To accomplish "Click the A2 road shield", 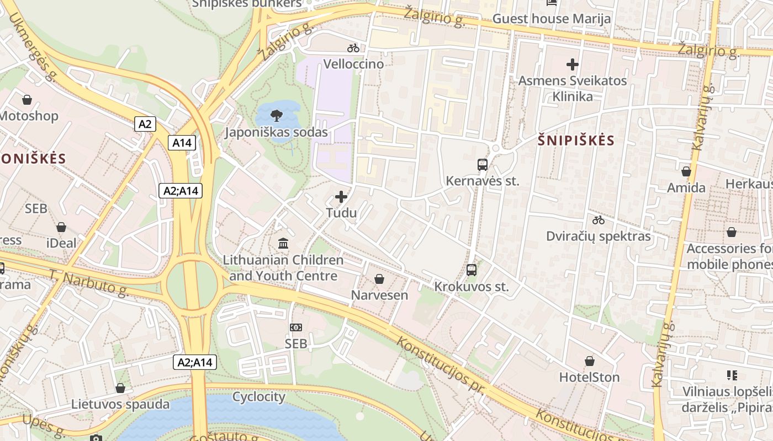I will (x=145, y=124).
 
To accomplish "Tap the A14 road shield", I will (x=182, y=143).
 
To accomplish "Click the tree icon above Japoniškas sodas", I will (x=276, y=116).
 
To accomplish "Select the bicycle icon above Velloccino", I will (x=353, y=48).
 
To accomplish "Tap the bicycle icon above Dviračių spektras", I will (x=599, y=220).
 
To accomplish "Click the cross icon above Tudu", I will (x=341, y=196).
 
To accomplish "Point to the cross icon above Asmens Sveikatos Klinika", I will (x=573, y=64).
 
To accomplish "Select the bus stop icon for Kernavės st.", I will (x=482, y=164).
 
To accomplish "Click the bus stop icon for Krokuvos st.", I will (x=471, y=270).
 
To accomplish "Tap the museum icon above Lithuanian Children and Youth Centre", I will (x=283, y=243).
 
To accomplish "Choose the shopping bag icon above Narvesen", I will (x=379, y=279).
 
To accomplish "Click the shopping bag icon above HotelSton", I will (x=590, y=361).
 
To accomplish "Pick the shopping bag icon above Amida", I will (x=686, y=171).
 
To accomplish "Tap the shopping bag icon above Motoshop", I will (x=27, y=100).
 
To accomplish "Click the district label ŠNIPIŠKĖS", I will (x=576, y=140).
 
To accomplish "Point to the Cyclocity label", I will (x=259, y=396).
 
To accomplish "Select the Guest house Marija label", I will (x=552, y=19).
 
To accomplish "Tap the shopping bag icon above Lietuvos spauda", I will (x=120, y=388).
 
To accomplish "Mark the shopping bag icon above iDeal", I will (x=61, y=227).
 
